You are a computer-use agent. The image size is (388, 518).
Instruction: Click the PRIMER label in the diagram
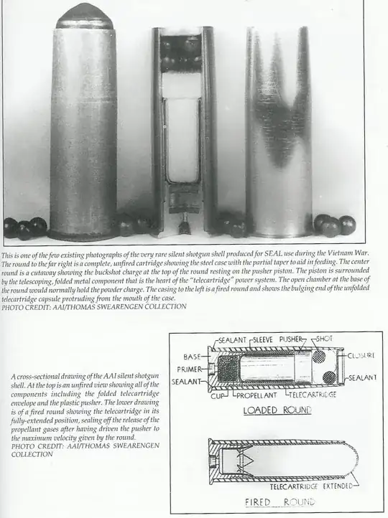pyautogui.click(x=189, y=369)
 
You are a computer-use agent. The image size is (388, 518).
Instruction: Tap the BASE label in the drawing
pyautogui.click(x=192, y=357)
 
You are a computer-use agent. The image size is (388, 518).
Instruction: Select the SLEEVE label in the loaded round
pyautogui.click(x=263, y=339)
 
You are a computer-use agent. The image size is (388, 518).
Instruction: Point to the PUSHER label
pyautogui.click(x=291, y=339)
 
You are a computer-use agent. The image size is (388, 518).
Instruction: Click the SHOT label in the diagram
pyautogui.click(x=325, y=339)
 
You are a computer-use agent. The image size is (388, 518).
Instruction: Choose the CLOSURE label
pyautogui.click(x=361, y=355)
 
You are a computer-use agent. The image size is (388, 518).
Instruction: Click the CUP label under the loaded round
pyautogui.click(x=218, y=395)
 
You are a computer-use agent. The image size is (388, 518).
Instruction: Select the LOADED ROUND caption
pyautogui.click(x=277, y=410)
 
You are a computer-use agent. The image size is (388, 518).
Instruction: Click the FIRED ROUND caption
pyautogui.click(x=280, y=502)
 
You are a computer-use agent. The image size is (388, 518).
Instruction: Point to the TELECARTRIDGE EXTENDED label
pyautogui.click(x=311, y=486)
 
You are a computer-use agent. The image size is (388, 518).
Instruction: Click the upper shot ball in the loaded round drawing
pyautogui.click(x=320, y=356)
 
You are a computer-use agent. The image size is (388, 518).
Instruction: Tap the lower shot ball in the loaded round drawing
pyautogui.click(x=330, y=377)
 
